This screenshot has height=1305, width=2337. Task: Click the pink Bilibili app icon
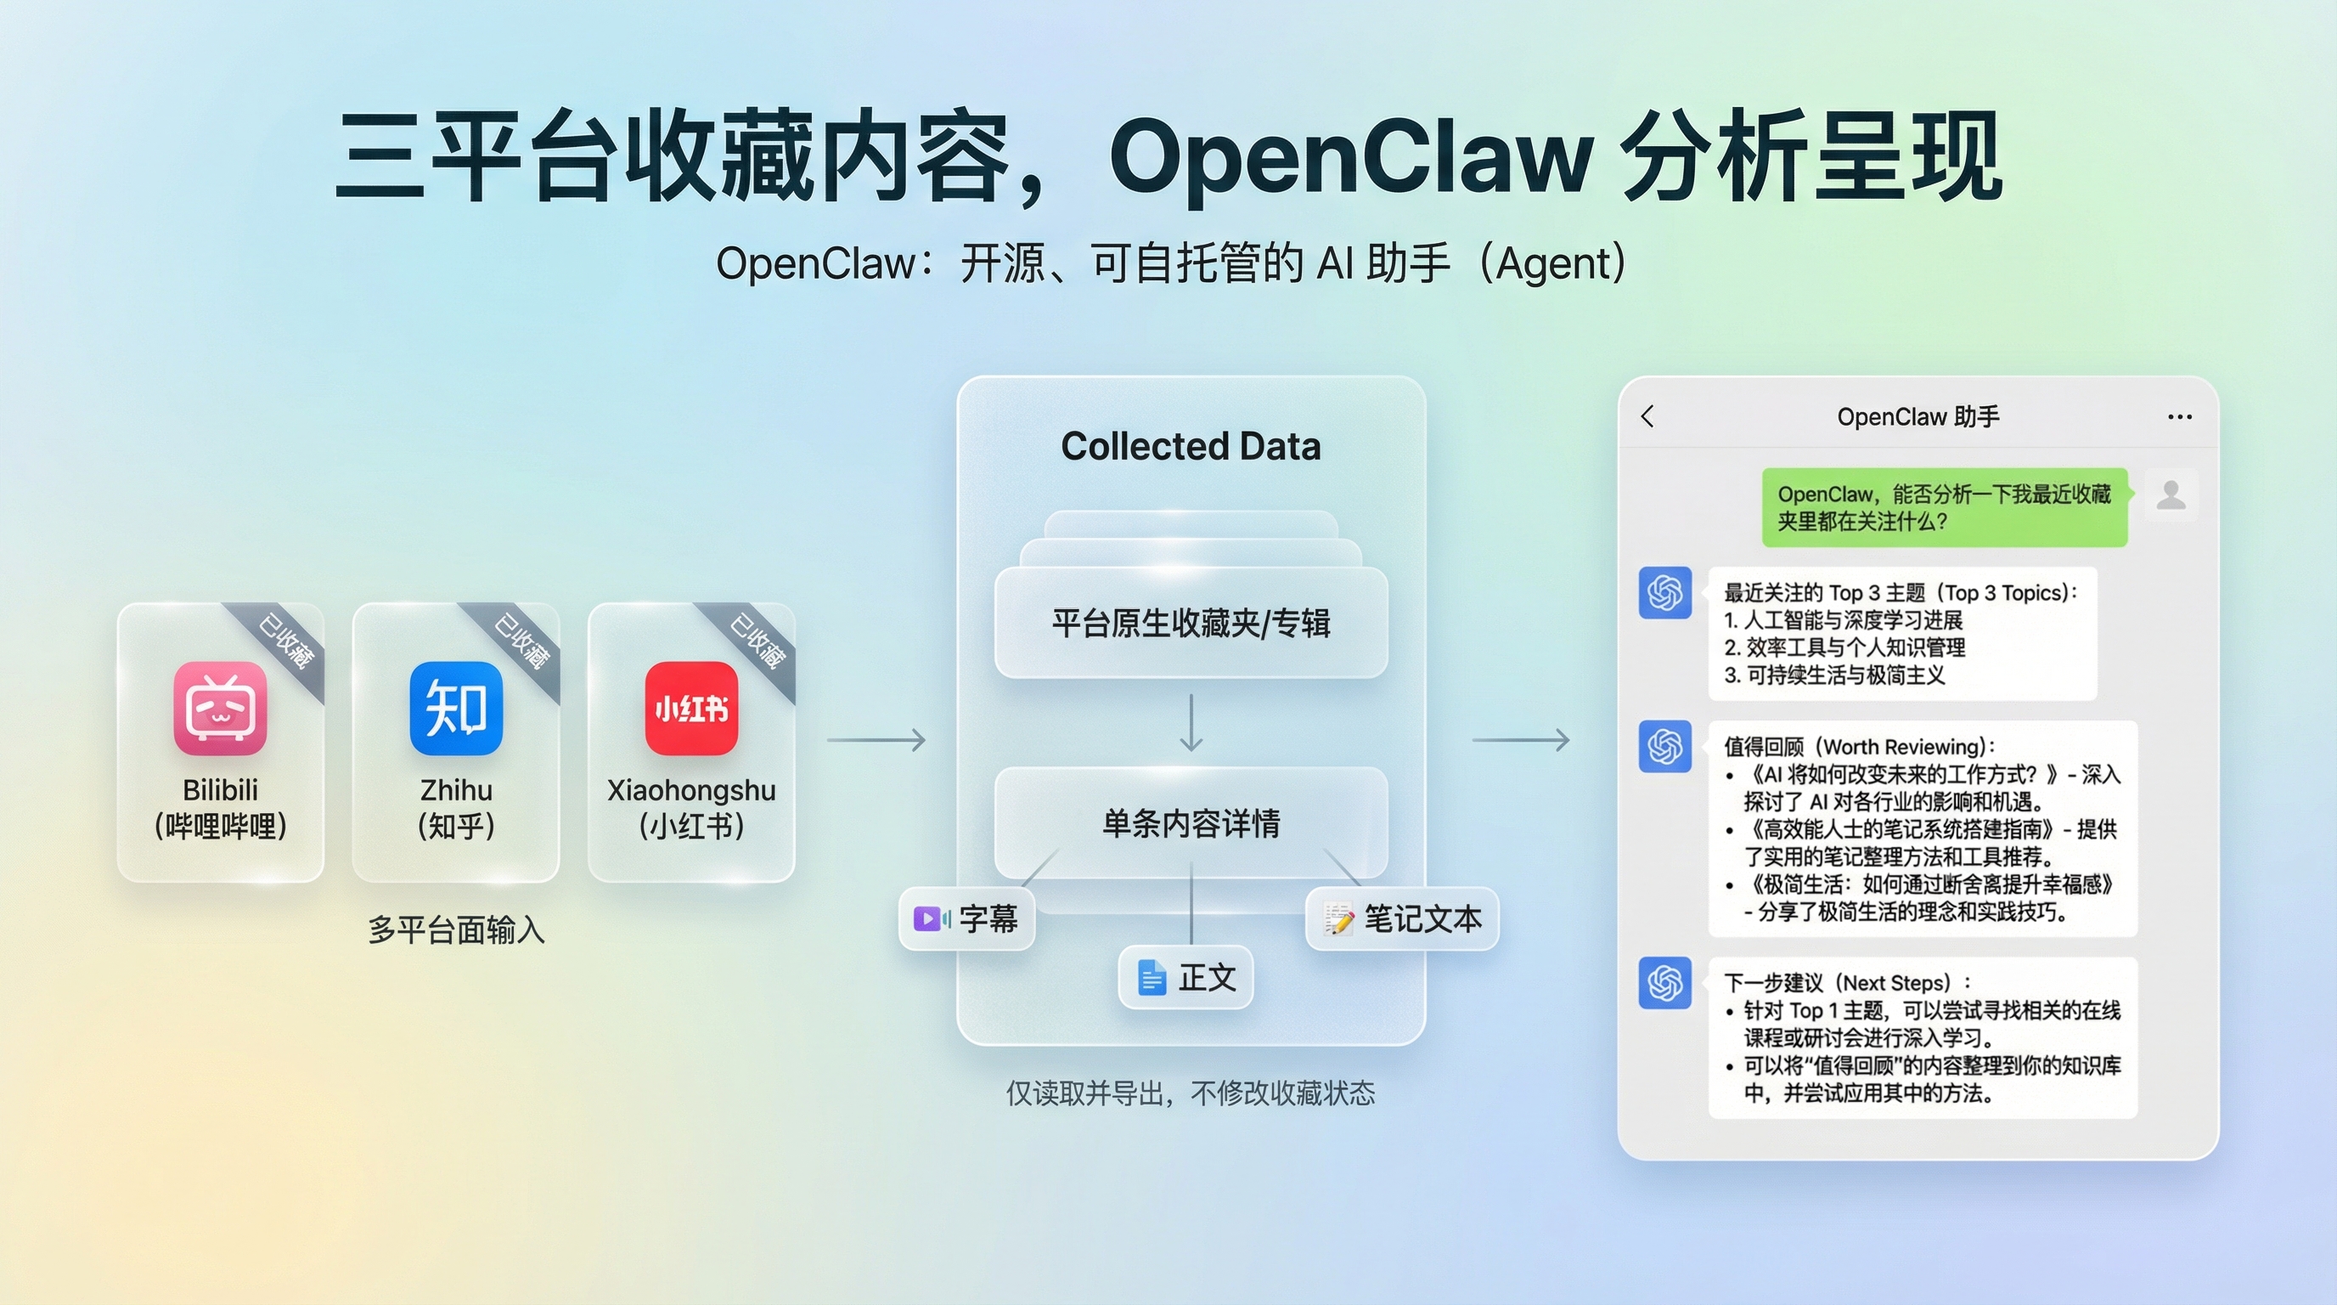click(221, 708)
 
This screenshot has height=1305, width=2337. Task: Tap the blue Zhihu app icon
click(455, 708)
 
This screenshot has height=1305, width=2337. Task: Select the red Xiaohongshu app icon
click(691, 708)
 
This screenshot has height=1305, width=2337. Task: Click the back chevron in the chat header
click(1647, 416)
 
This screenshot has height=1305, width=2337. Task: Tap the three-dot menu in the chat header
click(2179, 416)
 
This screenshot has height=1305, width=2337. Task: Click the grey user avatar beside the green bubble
click(2171, 494)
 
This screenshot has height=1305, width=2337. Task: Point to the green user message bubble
click(1944, 507)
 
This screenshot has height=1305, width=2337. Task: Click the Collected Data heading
click(1191, 447)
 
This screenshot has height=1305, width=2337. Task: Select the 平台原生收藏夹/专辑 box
click(1191, 624)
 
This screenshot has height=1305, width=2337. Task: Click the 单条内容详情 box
click(1191, 822)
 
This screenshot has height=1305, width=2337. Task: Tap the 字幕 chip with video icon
click(966, 919)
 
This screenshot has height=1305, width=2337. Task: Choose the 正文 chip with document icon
click(1185, 977)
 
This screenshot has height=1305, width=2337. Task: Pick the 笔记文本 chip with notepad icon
click(1402, 919)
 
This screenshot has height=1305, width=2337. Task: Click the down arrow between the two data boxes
click(1191, 722)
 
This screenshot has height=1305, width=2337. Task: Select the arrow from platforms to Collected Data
click(876, 740)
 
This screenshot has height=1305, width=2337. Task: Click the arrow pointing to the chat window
click(1521, 740)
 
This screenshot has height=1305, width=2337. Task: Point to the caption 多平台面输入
click(455, 930)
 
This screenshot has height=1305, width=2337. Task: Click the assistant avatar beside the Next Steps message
click(1664, 983)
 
